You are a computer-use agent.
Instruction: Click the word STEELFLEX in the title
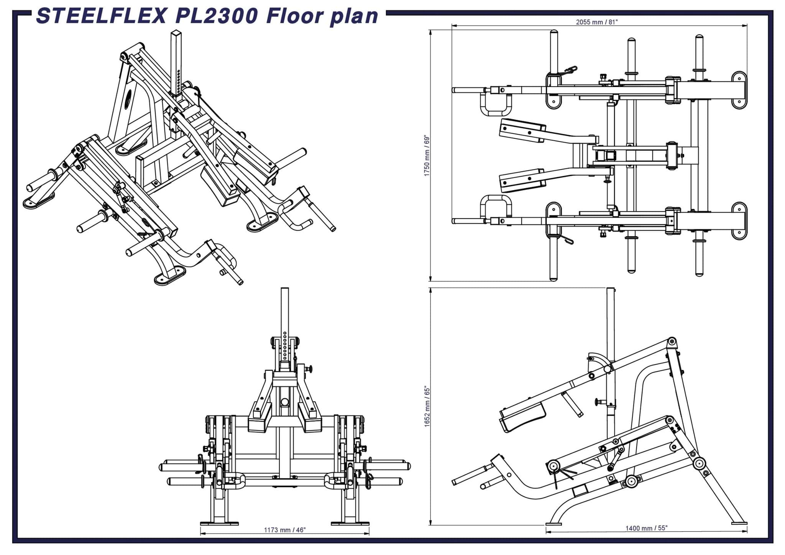(101, 16)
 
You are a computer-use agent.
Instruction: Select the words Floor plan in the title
(322, 16)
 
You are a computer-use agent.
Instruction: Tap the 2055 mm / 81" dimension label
(597, 22)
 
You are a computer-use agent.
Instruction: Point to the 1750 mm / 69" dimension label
(427, 155)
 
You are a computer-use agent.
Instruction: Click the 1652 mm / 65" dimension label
(427, 406)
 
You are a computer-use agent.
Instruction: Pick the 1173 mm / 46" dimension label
(284, 530)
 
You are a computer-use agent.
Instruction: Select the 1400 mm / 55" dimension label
(646, 528)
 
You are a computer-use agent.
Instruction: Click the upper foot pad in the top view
(522, 130)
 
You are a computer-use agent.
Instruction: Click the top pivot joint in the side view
(672, 341)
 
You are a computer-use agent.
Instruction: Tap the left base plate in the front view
(219, 523)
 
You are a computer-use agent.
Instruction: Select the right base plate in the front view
(350, 523)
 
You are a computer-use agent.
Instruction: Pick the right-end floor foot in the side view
(739, 522)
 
